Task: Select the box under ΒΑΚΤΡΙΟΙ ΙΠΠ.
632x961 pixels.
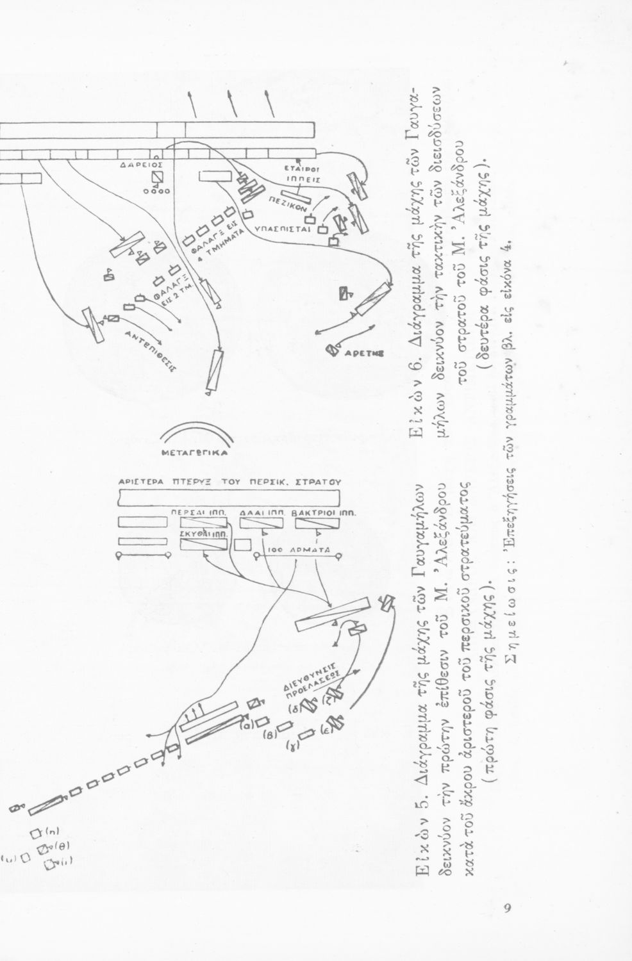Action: (318, 523)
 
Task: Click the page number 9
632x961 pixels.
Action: (506, 907)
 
